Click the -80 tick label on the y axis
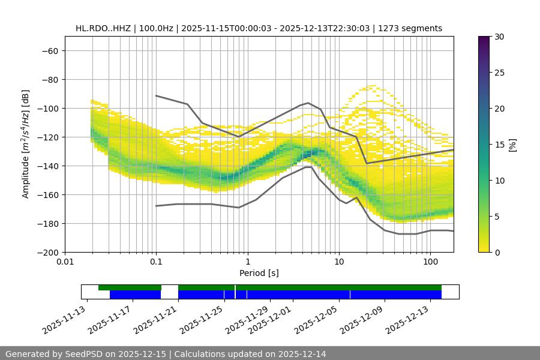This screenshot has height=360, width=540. click(x=49, y=80)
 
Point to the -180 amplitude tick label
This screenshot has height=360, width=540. click(x=47, y=224)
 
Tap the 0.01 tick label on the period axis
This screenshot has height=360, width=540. click(x=65, y=262)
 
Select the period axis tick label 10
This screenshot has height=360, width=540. click(x=338, y=262)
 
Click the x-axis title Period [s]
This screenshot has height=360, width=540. click(x=259, y=273)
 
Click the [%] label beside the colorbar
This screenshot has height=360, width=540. click(x=512, y=145)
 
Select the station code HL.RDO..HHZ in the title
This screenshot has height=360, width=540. click(x=103, y=28)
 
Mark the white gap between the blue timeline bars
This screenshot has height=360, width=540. click(x=169, y=294)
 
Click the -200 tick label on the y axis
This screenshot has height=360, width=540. click(x=47, y=253)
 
